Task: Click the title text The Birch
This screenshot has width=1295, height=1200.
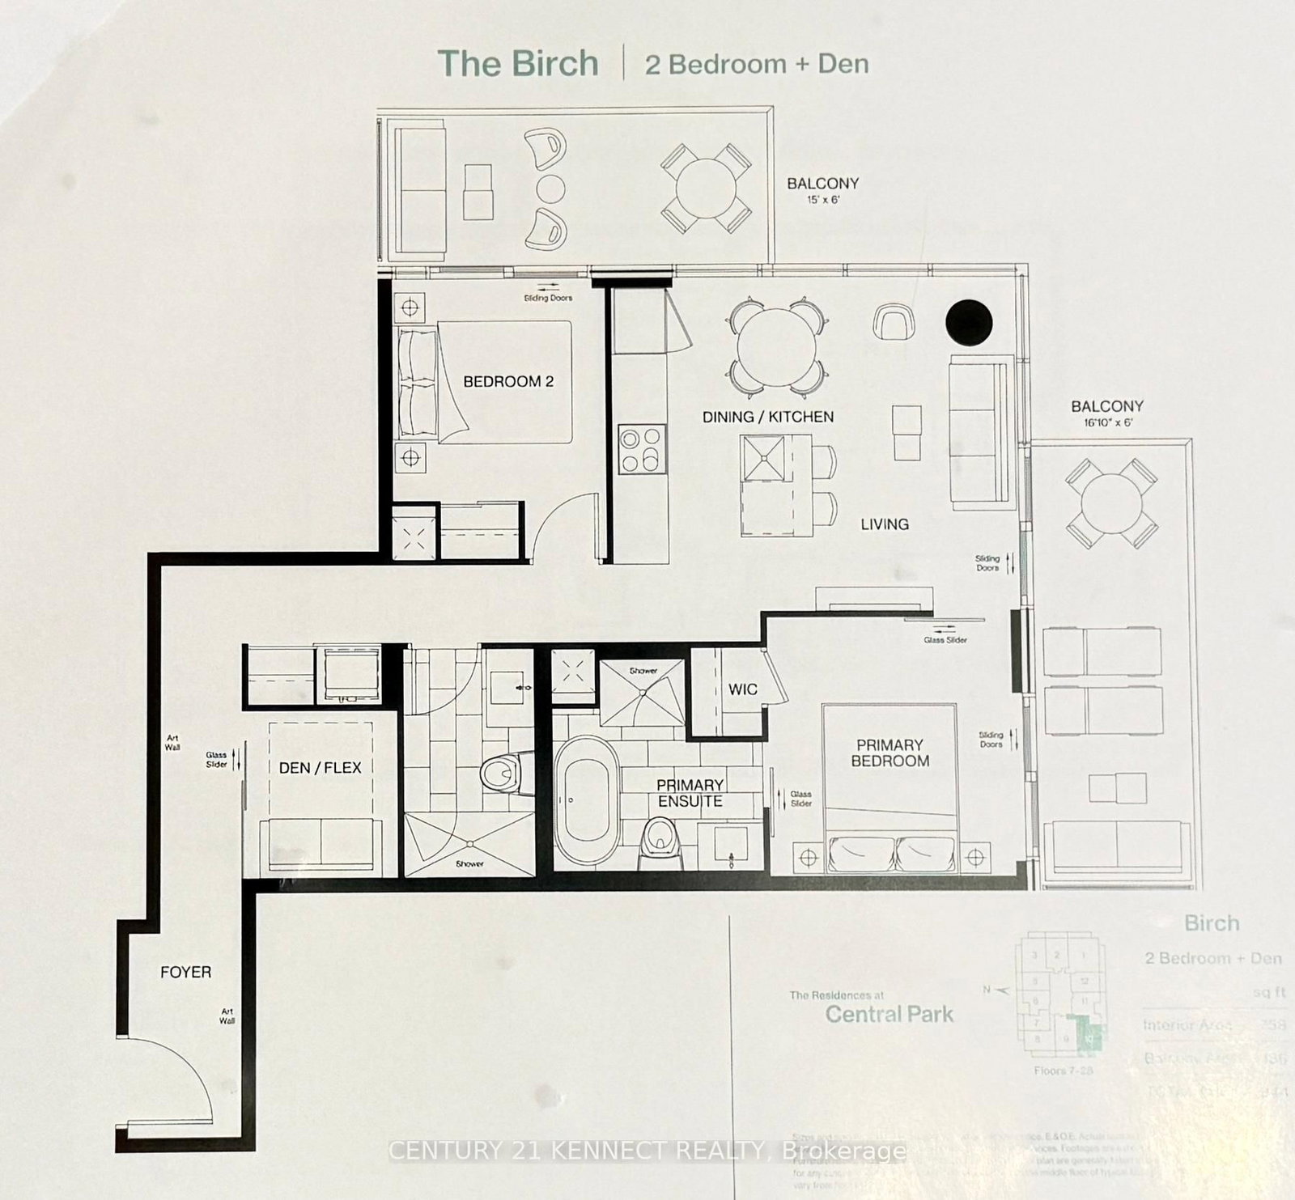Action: (518, 64)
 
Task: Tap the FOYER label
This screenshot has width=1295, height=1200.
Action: (185, 973)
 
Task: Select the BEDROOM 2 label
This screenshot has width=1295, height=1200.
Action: (508, 381)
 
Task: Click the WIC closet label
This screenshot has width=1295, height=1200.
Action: (742, 689)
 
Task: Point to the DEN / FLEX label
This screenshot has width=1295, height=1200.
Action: (320, 767)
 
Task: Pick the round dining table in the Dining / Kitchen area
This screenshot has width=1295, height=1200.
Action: (777, 348)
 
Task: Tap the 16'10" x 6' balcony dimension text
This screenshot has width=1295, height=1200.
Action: (1107, 422)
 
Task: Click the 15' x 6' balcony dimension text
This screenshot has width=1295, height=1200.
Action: (822, 200)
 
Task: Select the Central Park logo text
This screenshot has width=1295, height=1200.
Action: (890, 1014)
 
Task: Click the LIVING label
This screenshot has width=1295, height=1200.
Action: (884, 524)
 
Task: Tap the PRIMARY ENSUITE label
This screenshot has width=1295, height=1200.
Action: (690, 793)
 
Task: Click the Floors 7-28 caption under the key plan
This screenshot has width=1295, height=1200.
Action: (1063, 1071)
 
